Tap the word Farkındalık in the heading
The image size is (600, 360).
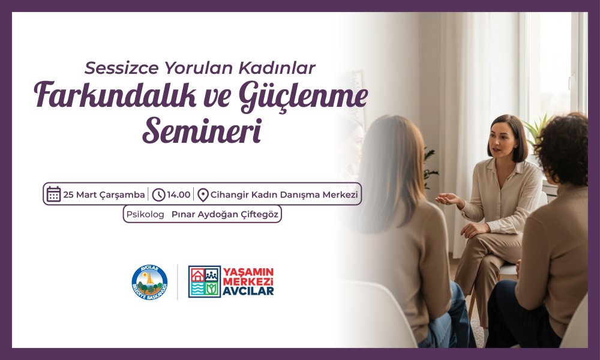point(95,96)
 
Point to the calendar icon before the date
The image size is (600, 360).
point(54,194)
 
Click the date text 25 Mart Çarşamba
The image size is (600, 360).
point(104,194)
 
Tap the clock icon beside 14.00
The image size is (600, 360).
point(159,194)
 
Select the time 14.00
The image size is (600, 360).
point(179,194)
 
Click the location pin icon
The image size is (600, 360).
point(203,195)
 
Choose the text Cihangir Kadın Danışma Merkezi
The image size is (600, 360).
point(284,194)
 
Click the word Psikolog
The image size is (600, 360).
point(145,214)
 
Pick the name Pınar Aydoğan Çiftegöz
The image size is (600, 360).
point(225,214)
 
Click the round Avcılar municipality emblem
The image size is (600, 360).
point(149,282)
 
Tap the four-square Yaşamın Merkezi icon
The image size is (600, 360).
point(205,282)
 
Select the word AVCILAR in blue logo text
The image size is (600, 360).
point(248,292)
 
